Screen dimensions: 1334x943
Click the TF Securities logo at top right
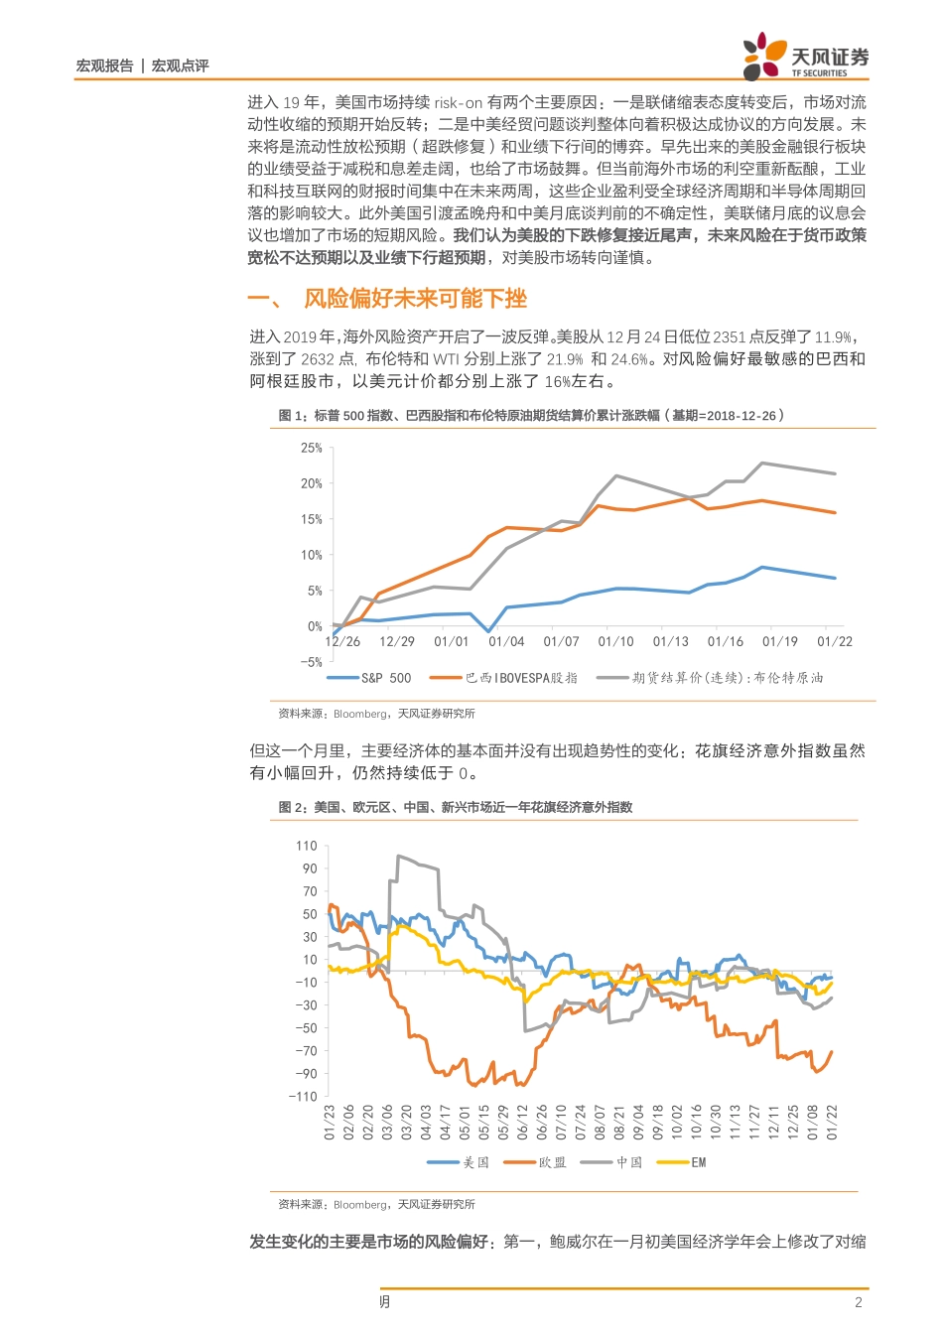coord(805,57)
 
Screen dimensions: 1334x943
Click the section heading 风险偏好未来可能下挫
coord(415,299)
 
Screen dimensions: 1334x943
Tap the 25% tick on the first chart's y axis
coord(312,449)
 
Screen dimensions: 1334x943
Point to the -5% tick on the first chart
coord(311,662)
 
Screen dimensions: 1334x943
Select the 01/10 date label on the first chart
coord(615,642)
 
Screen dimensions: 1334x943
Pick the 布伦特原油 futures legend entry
coord(710,678)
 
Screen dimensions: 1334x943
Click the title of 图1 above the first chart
coord(531,416)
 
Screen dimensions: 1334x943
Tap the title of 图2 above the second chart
coord(456,807)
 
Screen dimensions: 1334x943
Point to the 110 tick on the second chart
coord(307,847)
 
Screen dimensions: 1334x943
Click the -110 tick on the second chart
coord(303,1097)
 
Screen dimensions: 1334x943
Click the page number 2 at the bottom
coord(859,1302)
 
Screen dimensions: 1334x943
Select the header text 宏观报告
coord(104,66)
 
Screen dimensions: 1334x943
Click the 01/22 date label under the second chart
coord(832,1123)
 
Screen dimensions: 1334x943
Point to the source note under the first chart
coord(376,714)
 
